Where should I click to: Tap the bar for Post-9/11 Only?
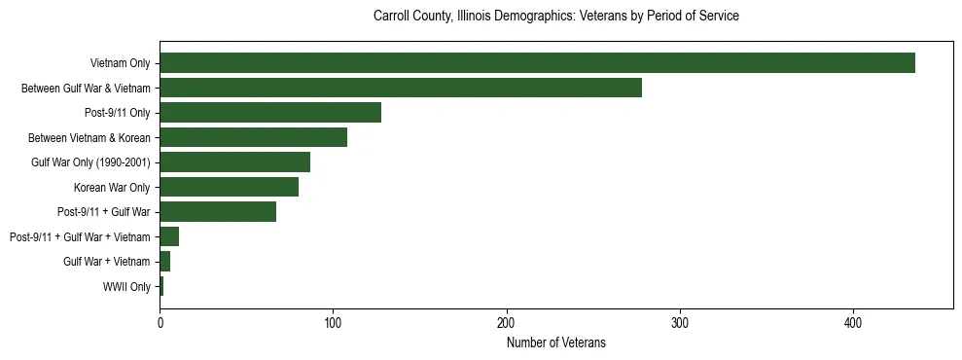(270, 113)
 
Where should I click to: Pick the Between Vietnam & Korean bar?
(253, 137)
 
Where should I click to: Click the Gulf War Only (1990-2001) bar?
(234, 162)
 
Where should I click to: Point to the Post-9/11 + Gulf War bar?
(218, 212)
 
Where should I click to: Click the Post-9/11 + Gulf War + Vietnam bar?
(169, 236)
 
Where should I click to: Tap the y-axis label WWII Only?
(126, 287)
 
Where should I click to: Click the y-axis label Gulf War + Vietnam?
(107, 262)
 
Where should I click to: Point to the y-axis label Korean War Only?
(112, 187)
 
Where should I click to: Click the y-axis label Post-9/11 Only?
(117, 113)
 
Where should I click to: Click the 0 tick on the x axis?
(160, 323)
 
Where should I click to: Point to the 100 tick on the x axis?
(333, 323)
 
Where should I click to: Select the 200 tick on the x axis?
(506, 323)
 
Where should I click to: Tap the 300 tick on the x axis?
(680, 323)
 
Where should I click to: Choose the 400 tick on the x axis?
(853, 323)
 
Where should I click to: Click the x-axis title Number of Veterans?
(555, 342)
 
